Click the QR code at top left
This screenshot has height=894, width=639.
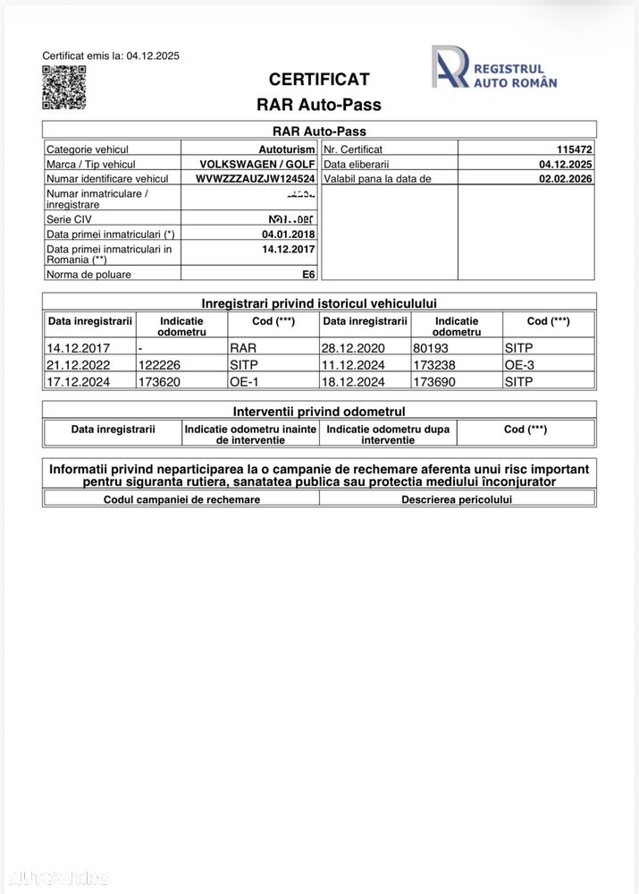pyautogui.click(x=63, y=87)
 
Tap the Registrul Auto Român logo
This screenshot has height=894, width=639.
pyautogui.click(x=494, y=68)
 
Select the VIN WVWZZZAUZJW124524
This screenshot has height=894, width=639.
pyautogui.click(x=255, y=179)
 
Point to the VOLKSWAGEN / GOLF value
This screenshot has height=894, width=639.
pyautogui.click(x=257, y=165)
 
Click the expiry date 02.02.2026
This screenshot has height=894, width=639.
pyautogui.click(x=565, y=179)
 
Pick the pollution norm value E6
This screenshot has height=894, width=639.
pyautogui.click(x=308, y=275)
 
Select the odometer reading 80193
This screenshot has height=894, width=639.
pyautogui.click(x=431, y=349)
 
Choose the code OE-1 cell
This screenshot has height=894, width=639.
pyautogui.click(x=244, y=381)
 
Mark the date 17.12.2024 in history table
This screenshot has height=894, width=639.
pyautogui.click(x=75, y=381)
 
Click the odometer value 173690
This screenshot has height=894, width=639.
pyautogui.click(x=436, y=381)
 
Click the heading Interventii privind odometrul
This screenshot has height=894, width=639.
pyautogui.click(x=319, y=412)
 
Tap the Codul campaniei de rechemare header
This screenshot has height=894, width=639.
pyautogui.click(x=181, y=499)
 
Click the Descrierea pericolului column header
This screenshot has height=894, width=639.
pyautogui.click(x=457, y=499)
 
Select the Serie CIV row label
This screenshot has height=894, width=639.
pyautogui.click(x=69, y=219)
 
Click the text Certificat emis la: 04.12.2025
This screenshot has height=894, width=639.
pyautogui.click(x=111, y=55)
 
